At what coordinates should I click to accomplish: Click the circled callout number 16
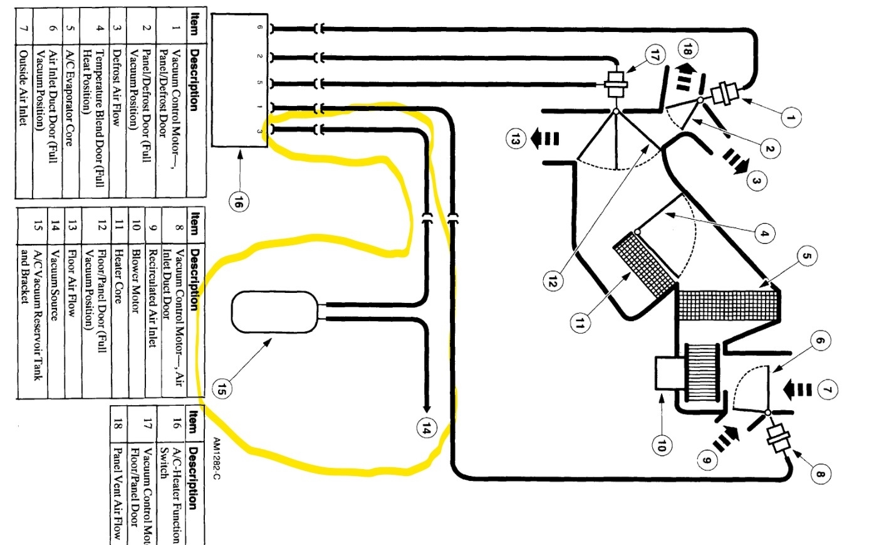(x=239, y=203)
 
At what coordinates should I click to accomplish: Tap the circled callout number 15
(x=222, y=388)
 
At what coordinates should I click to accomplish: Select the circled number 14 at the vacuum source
(x=427, y=428)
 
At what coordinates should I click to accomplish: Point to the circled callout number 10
(x=662, y=445)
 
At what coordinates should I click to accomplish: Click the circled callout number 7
(x=827, y=390)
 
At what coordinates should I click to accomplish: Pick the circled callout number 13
(x=515, y=139)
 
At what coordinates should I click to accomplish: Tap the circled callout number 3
(x=756, y=181)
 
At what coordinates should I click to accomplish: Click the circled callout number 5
(x=807, y=256)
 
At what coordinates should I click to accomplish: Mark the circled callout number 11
(x=579, y=323)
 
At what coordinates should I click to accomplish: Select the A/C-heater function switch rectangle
(x=240, y=80)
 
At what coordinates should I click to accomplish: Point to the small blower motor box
(x=669, y=373)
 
